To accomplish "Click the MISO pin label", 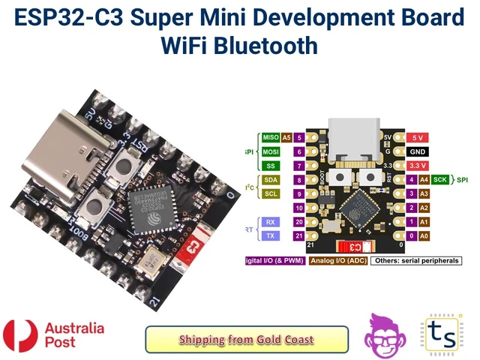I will (271, 137).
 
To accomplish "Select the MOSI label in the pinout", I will (271, 152).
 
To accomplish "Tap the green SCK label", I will (440, 180).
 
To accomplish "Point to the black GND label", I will (418, 151).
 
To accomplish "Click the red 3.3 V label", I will (418, 166).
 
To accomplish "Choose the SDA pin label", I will (271, 180).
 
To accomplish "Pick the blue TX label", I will (271, 236).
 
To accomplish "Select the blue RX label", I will (271, 222).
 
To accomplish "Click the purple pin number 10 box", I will (298, 208).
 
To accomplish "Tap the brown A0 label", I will (424, 236).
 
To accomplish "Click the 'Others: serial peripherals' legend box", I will (415, 261).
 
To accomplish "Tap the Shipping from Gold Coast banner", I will (246, 340).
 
